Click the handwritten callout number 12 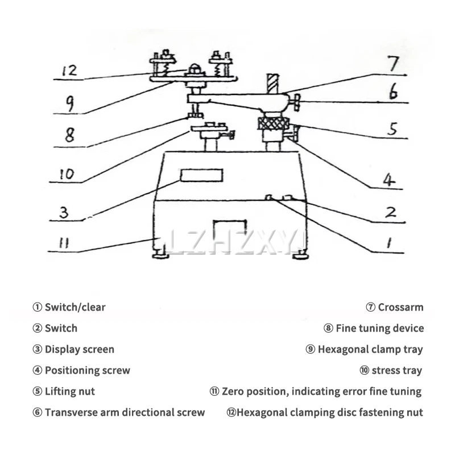pos(69,72)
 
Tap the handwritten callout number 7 pos(394,64)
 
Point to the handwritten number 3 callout pos(64,212)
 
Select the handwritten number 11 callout pos(63,243)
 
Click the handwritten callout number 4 pos(388,180)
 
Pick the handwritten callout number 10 pos(67,173)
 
